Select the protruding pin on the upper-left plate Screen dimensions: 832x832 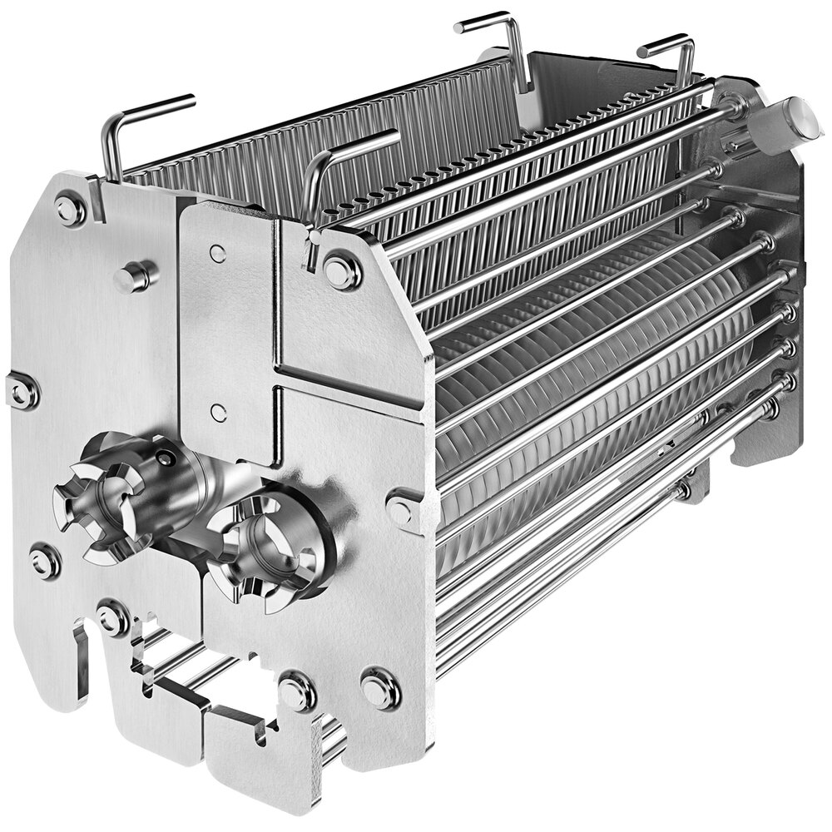(133, 276)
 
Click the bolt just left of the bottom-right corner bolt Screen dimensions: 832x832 (296, 691)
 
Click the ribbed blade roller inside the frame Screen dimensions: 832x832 (582, 374)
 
